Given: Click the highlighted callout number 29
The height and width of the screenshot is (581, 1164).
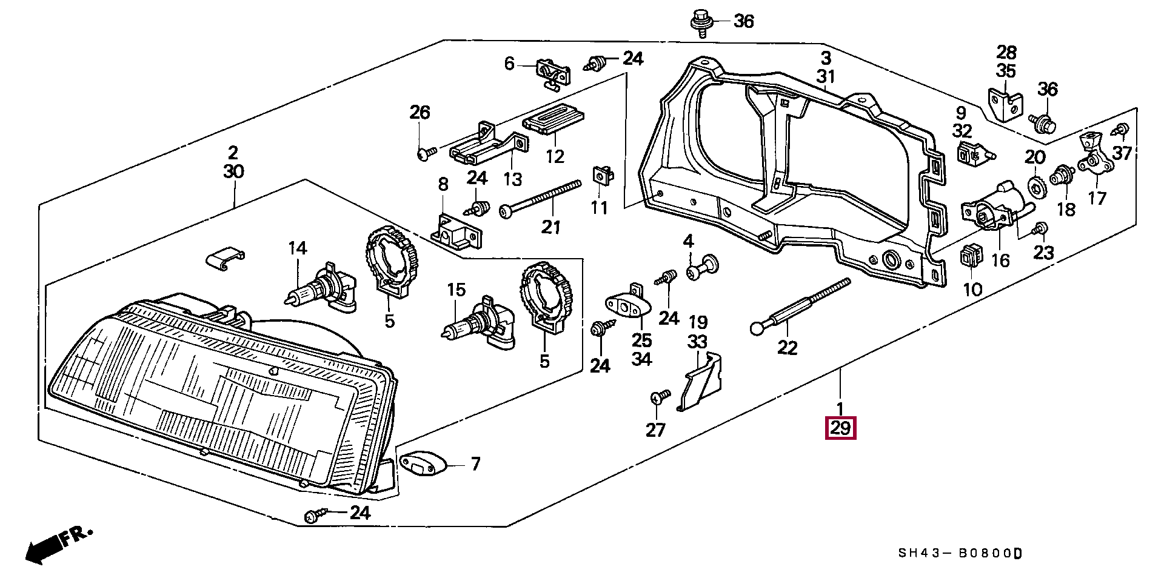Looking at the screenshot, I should [840, 428].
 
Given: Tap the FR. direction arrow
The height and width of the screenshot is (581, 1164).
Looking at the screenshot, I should [58, 544].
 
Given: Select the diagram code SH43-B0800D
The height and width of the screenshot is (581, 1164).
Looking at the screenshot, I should [960, 553].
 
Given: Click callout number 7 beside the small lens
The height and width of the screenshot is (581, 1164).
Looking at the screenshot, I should [475, 464].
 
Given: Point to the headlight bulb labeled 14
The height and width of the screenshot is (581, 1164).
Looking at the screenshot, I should [321, 291].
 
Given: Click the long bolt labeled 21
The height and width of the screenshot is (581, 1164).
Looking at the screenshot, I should [540, 196].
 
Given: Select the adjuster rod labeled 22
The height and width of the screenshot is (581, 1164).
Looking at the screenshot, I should [800, 307].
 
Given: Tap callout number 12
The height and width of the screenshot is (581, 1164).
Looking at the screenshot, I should [555, 156].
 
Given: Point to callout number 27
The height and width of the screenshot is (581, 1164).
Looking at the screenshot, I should [655, 430].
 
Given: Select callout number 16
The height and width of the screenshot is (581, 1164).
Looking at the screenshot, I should [1000, 260].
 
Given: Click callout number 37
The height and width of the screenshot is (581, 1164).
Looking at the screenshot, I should [1122, 153].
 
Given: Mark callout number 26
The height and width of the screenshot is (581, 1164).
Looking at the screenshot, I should [420, 112].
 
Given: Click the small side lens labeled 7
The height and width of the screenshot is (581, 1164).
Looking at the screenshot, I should [423, 465].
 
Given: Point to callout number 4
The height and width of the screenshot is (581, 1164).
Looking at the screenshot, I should [688, 241].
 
